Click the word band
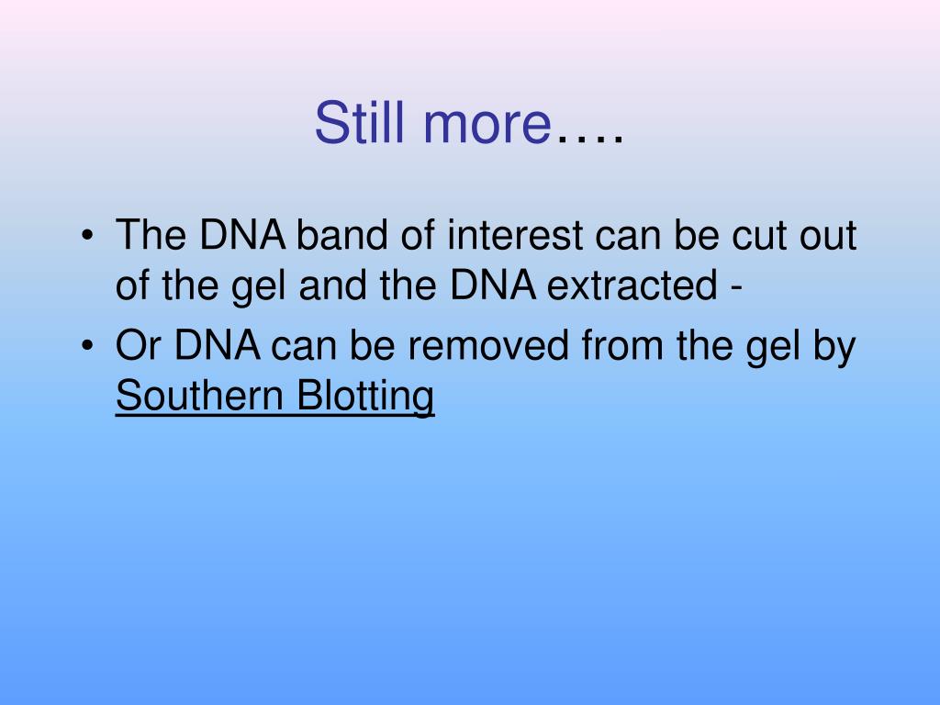341,236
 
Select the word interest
514,236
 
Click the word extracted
632,288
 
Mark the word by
835,349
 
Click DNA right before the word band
241,236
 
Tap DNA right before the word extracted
496,288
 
